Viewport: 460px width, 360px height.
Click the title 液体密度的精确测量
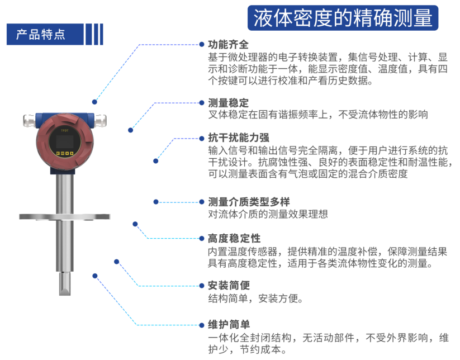(x=343, y=18)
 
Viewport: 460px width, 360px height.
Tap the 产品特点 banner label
(x=41, y=34)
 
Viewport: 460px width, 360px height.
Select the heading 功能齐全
(x=228, y=45)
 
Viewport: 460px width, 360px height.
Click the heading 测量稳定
(x=228, y=103)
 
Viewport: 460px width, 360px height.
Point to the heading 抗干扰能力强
(x=239, y=138)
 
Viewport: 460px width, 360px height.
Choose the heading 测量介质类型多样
(x=249, y=202)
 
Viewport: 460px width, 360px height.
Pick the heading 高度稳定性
(x=234, y=238)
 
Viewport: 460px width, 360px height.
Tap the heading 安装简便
(x=229, y=285)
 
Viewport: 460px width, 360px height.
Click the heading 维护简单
(x=229, y=324)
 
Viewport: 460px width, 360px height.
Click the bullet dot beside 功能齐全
(x=202, y=45)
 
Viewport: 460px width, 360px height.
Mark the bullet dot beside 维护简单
(x=202, y=325)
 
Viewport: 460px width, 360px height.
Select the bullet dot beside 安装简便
(x=202, y=286)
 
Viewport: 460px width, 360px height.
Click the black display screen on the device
(x=64, y=142)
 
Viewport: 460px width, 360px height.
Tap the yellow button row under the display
(x=64, y=153)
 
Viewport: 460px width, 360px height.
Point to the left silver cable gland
(x=30, y=121)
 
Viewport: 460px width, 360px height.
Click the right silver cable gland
(x=100, y=121)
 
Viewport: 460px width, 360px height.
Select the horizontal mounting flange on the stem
(x=64, y=217)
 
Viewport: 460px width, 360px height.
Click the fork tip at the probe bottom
(x=64, y=284)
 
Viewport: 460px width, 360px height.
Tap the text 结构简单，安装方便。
(x=255, y=299)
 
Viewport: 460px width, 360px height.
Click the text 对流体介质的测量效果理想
(x=268, y=214)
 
